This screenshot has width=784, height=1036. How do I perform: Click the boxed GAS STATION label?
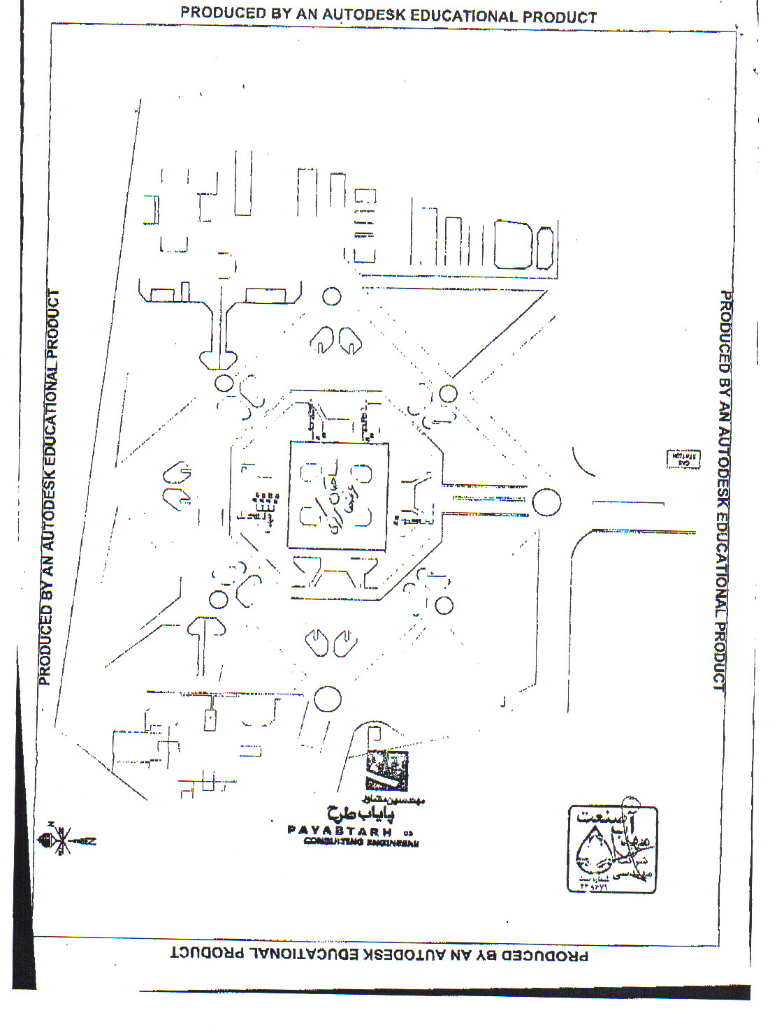pyautogui.click(x=683, y=459)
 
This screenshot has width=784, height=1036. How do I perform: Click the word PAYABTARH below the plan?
pyautogui.click(x=339, y=831)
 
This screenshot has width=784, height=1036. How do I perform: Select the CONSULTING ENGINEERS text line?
pyautogui.click(x=361, y=842)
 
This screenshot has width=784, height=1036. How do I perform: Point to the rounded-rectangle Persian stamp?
pyautogui.click(x=612, y=849)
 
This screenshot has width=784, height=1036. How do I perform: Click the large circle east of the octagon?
pyautogui.click(x=546, y=502)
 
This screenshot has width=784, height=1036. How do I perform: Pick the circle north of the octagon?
pyautogui.click(x=332, y=296)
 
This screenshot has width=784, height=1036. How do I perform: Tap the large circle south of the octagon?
pyautogui.click(x=327, y=699)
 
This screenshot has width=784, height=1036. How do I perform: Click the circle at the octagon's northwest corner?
pyautogui.click(x=224, y=383)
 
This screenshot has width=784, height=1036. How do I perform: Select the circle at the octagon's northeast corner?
pyautogui.click(x=448, y=393)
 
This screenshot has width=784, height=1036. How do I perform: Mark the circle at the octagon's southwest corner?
pyautogui.click(x=219, y=599)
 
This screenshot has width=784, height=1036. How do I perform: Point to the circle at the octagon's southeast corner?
pyautogui.click(x=444, y=605)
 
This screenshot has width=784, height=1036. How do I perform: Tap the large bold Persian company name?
pyautogui.click(x=361, y=813)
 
